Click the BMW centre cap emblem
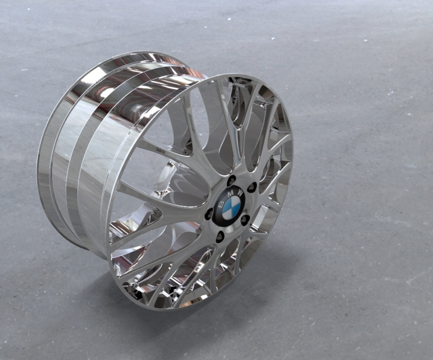coord(229,205)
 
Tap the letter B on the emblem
coord(221,197)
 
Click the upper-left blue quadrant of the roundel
coord(225,202)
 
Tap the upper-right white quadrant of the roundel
coord(234,202)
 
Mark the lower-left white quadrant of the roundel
coord(224,211)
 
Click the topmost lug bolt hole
coord(231,181)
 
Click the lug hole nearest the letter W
coord(252,187)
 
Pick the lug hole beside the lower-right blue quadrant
coord(245,220)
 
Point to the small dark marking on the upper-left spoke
coord(163,149)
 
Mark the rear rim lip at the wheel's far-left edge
coord(42,155)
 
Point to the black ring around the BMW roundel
coord(216,215)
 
